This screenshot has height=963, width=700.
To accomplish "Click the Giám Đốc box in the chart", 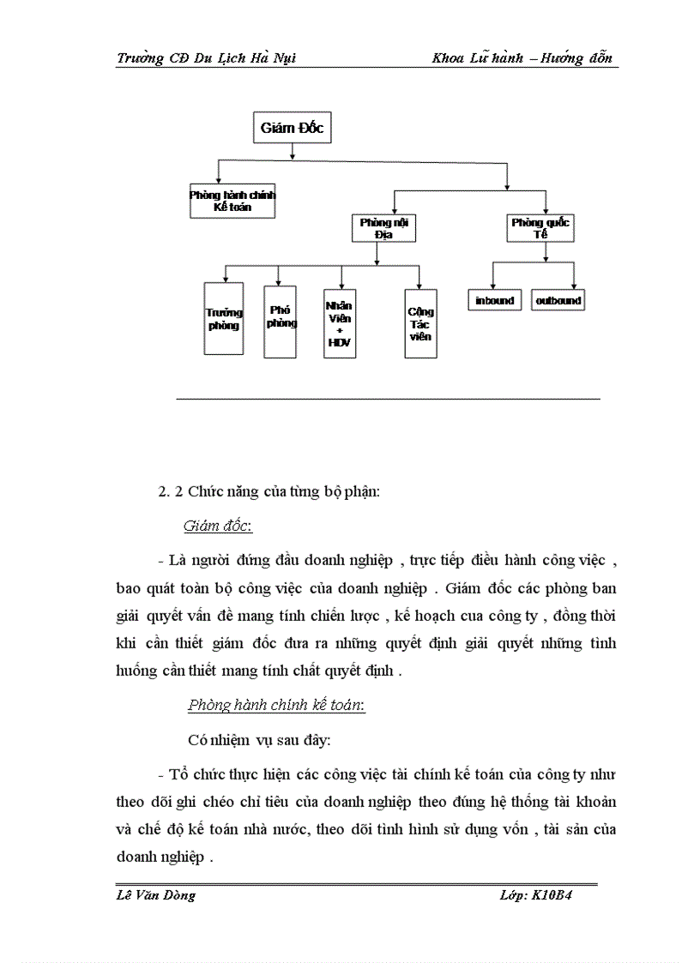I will (x=293, y=129).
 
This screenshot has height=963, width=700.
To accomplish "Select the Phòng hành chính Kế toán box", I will (x=232, y=201).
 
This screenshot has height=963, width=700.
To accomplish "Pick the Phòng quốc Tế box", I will (x=540, y=228).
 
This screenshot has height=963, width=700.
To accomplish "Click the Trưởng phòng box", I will (x=224, y=318).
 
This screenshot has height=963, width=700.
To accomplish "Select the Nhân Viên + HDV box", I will (x=340, y=322).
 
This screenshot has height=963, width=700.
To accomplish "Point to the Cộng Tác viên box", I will (x=420, y=323).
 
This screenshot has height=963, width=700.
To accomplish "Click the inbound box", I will (x=495, y=300).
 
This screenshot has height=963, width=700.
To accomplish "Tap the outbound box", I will (x=558, y=300).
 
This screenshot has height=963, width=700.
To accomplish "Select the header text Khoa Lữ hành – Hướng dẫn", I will (x=523, y=58).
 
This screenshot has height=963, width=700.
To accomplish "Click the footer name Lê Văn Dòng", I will (x=156, y=895).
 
